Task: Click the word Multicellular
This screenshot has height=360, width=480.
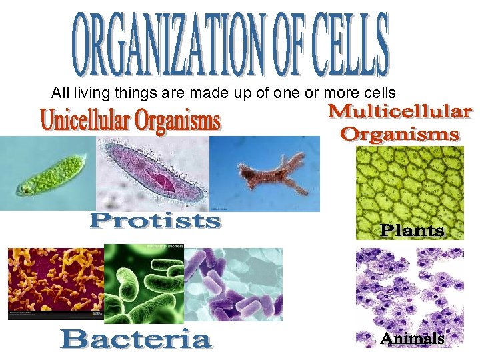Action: point(400,111)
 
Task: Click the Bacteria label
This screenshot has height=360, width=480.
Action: point(136,340)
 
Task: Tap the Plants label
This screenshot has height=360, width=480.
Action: point(412,231)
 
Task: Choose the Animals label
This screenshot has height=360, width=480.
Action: point(411,339)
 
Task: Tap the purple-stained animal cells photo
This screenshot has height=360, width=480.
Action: point(409,290)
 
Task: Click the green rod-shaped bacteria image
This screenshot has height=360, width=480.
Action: point(143,283)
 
